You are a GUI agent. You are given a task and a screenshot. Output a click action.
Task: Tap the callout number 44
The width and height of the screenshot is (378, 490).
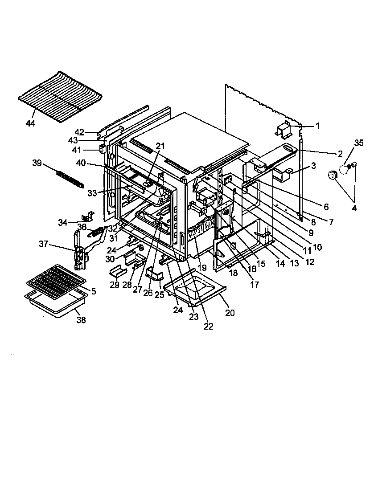pos(31,123)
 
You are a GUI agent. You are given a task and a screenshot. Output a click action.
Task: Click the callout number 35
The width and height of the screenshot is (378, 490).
pos(359,143)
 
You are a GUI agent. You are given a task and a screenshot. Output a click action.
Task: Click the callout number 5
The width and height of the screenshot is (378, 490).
pos(93,291)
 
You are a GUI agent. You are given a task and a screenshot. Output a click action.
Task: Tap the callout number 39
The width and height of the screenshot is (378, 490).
pos(37,163)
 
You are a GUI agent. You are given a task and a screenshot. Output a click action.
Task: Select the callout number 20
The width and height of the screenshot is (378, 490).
pos(230,313)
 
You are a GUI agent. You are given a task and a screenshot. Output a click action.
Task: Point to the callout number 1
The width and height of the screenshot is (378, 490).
pos(317,126)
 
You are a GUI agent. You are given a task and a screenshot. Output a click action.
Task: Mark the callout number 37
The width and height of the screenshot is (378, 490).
pos(43,244)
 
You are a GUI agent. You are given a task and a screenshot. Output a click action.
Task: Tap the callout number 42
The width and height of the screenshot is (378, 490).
pos(79,132)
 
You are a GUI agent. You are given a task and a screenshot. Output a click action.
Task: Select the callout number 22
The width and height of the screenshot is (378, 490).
pos(208,326)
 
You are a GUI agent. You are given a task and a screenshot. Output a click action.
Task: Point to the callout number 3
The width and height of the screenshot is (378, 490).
pos(313,166)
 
